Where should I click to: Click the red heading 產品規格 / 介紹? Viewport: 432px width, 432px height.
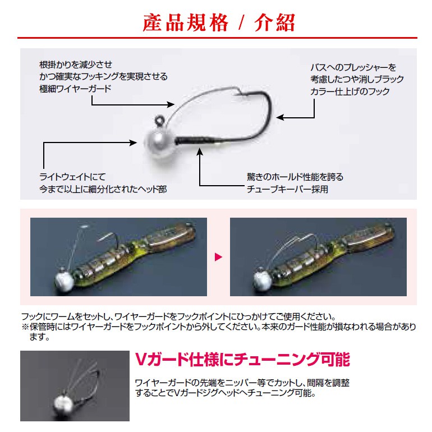point(219,22)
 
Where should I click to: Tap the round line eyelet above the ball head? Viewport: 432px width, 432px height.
point(159,121)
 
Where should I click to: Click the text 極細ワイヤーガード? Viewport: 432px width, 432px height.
point(75,89)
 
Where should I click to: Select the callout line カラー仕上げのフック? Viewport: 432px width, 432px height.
point(350,91)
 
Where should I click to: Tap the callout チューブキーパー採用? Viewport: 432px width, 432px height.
point(287,189)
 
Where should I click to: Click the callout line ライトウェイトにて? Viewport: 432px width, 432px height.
point(72,177)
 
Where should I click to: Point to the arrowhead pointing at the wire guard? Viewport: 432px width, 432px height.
point(171,104)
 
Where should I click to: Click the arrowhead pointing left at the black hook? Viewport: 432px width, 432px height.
point(280,117)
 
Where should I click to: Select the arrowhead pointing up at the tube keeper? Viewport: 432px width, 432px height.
point(200,152)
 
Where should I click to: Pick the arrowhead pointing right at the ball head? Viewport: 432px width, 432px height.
point(133,143)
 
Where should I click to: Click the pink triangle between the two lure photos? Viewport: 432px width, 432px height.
point(218,257)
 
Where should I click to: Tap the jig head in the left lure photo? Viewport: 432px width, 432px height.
point(64,281)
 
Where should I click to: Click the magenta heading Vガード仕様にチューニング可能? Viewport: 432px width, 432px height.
point(242,359)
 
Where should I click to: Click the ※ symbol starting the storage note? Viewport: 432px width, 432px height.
point(25,327)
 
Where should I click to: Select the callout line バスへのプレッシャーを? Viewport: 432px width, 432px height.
point(353,67)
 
